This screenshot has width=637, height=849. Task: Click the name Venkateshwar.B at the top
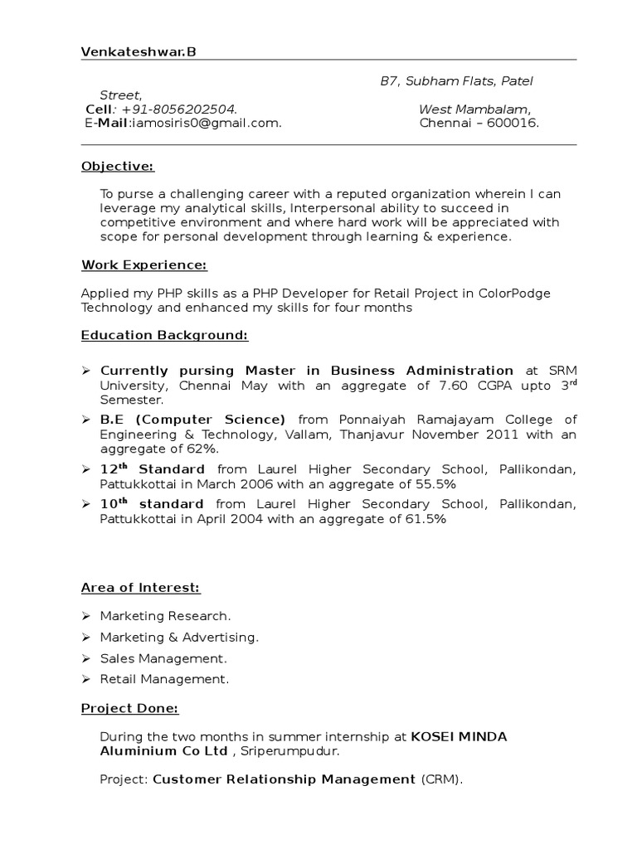click(139, 53)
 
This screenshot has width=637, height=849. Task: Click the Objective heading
click(118, 167)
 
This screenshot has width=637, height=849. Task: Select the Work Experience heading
click(143, 264)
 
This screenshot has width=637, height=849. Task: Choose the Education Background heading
click(164, 335)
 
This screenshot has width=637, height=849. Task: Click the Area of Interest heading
click(140, 588)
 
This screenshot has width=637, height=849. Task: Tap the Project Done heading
click(129, 708)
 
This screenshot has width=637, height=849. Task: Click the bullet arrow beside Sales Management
click(86, 658)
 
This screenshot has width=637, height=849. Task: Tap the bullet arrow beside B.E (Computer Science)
click(86, 420)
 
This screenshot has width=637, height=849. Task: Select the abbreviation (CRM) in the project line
click(441, 779)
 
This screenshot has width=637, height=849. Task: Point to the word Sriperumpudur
click(288, 751)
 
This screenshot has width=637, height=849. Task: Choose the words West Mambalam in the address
click(474, 109)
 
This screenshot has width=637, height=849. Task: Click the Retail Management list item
click(163, 679)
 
